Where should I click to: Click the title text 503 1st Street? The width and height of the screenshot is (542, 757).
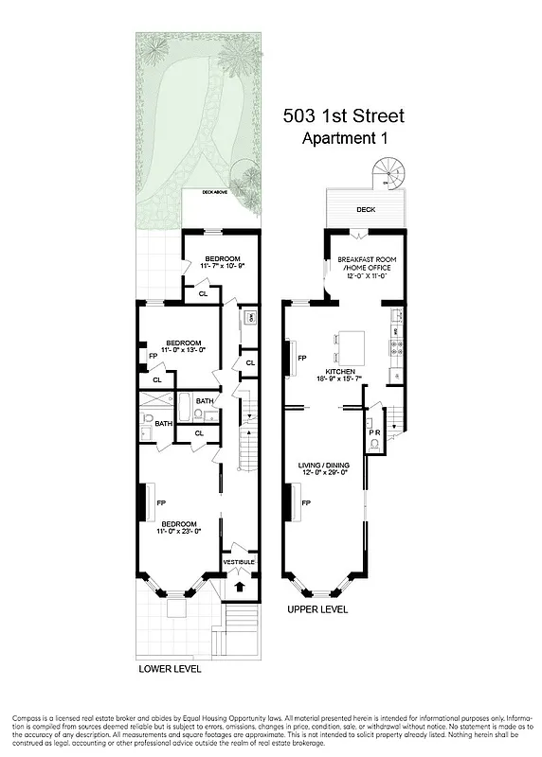345,116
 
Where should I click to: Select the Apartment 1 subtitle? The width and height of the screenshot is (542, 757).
345,139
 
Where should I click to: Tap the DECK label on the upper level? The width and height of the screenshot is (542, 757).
365,210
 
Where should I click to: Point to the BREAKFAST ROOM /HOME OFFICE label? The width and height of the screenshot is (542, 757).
365,264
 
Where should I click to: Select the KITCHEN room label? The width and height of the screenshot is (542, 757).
339,371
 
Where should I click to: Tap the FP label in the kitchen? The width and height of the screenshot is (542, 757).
302,359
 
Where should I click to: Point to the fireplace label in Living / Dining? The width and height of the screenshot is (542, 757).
306,504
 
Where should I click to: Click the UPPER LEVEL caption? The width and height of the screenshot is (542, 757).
317,609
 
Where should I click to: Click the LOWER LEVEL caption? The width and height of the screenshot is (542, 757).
170,668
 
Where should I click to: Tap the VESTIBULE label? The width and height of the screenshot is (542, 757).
238,562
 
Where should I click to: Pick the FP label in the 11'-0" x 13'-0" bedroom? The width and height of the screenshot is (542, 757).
153,357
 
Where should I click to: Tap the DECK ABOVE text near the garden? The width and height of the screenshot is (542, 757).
212,192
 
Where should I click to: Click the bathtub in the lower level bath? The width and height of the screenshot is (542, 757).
188,414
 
